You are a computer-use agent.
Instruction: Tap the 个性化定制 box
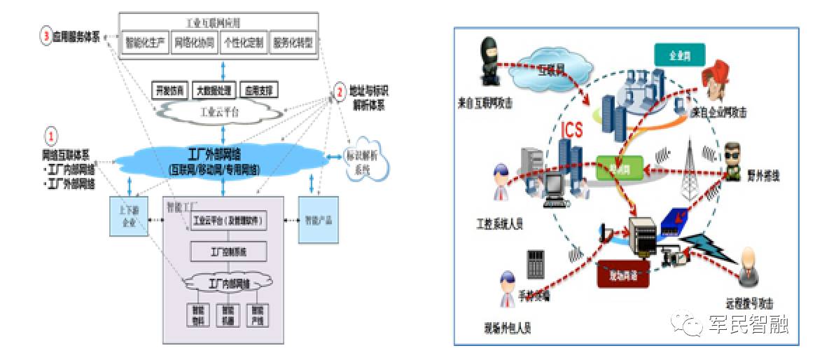click(243, 43)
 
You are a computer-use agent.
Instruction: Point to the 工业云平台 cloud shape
click(222, 110)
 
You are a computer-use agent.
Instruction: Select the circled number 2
click(339, 92)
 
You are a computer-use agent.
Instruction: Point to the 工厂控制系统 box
click(228, 251)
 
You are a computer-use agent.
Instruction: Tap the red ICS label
click(572, 130)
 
